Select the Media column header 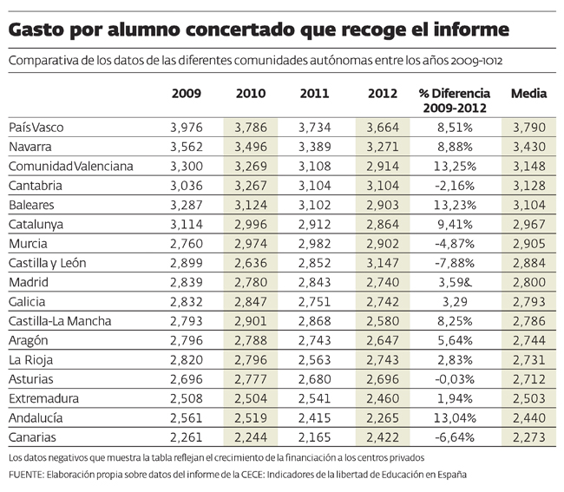pos(528,93)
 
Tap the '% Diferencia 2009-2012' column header pos(454,101)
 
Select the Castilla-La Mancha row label pos(60,321)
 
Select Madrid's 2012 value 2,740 pos(383,282)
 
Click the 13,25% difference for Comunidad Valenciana pos(453,166)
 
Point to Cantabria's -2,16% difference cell pos(453,186)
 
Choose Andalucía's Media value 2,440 pos(528,417)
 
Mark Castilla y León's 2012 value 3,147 pos(383,263)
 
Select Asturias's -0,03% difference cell pos(453,378)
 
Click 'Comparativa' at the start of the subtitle pos(42,62)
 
